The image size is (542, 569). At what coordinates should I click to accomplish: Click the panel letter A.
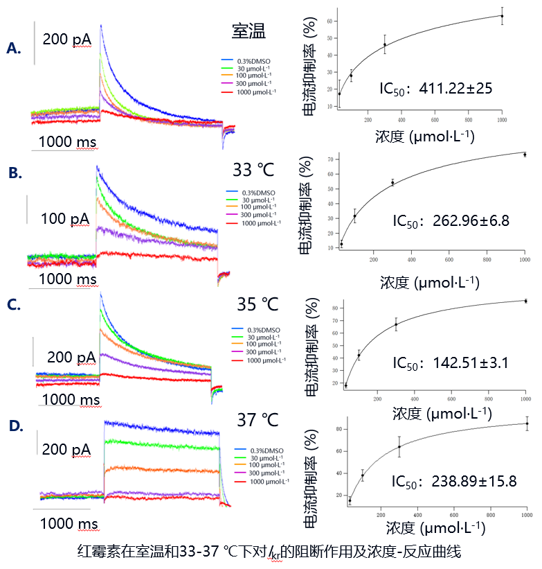14,48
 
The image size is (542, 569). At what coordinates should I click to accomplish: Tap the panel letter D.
15,425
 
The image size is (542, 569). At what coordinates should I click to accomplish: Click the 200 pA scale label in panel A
66,40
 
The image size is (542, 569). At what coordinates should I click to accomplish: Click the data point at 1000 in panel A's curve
502,16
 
